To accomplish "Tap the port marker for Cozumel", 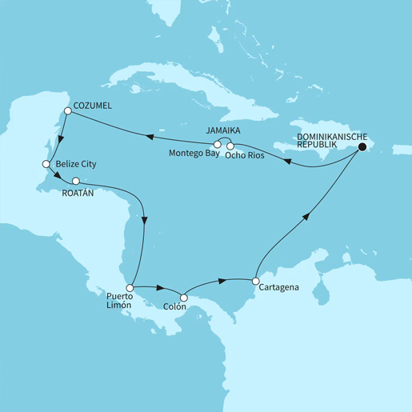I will click(69, 112).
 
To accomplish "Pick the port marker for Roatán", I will click(76, 181).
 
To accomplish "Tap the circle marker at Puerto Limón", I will click(129, 286).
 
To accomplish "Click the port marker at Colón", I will click(183, 298).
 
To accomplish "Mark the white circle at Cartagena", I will click(254, 281).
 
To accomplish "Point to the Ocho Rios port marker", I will click(230, 145).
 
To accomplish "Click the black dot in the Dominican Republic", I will click(362, 147).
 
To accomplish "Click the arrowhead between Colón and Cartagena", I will click(219, 282).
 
